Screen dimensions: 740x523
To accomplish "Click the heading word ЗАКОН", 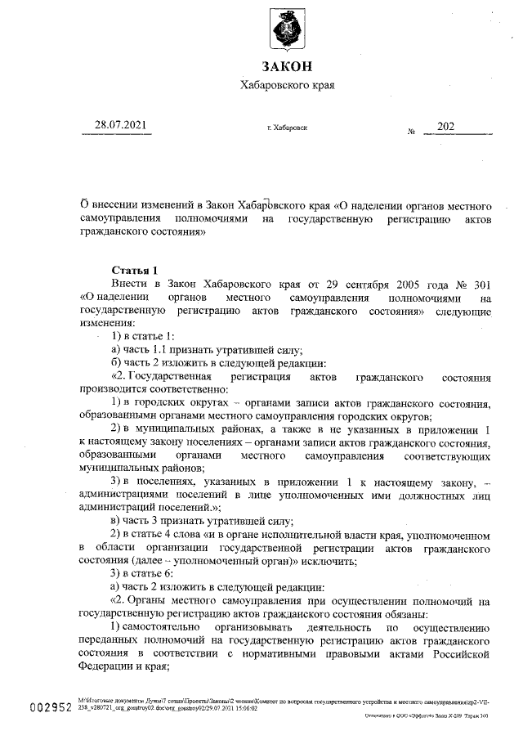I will [287, 67].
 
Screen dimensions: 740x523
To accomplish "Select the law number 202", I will [446, 126].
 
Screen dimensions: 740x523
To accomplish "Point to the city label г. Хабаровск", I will [287, 128].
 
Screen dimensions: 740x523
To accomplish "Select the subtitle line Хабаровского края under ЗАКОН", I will [287, 86].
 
